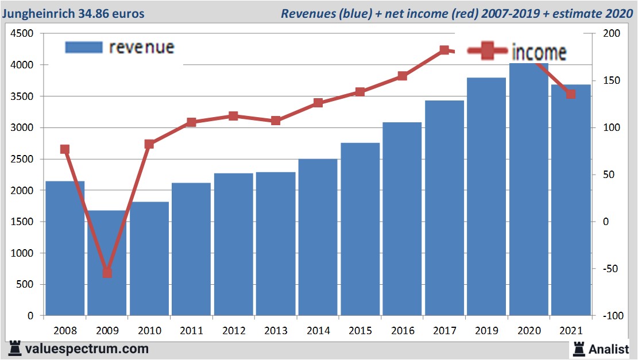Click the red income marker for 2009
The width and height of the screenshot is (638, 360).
click(107, 272)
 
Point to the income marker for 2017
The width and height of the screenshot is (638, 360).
click(444, 51)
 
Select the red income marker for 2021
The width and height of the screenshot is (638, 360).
click(570, 94)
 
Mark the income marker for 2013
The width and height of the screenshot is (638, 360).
click(276, 121)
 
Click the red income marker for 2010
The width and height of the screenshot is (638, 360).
click(149, 144)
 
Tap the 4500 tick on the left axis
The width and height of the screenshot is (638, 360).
click(24, 34)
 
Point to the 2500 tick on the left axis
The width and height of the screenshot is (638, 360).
click(24, 159)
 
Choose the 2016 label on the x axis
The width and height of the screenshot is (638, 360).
click(402, 331)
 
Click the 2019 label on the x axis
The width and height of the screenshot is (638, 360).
click(486, 331)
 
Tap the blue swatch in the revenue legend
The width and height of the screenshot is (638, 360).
click(84, 47)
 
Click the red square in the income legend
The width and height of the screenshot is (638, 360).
click(488, 52)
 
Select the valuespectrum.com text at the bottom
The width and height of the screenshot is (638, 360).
click(87, 349)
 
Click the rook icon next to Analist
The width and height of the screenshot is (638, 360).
click(578, 348)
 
